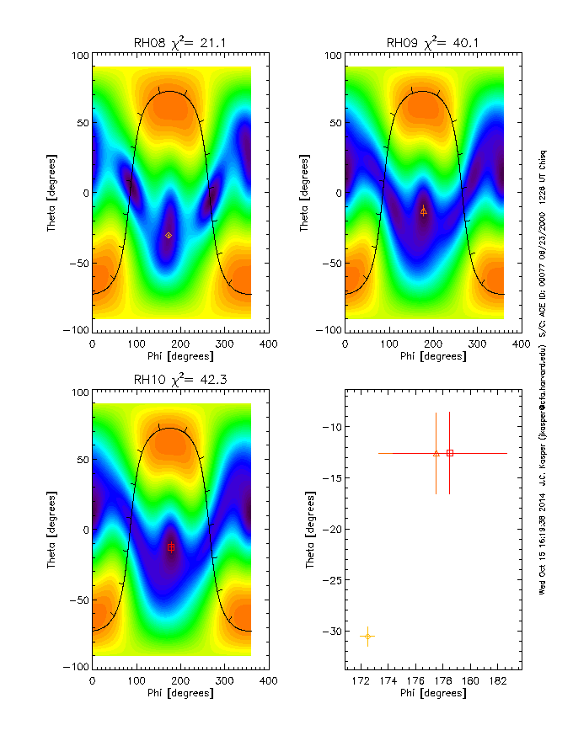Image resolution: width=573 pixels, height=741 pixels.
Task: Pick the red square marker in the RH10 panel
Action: pyautogui.click(x=171, y=547)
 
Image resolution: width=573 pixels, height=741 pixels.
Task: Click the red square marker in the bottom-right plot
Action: pyautogui.click(x=450, y=453)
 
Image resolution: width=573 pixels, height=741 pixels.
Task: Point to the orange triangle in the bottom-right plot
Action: pyautogui.click(x=436, y=453)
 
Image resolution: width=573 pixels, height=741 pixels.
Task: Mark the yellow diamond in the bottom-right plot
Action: pyautogui.click(x=367, y=636)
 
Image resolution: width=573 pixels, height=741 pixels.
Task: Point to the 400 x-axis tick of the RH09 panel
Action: pyautogui.click(x=521, y=343)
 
